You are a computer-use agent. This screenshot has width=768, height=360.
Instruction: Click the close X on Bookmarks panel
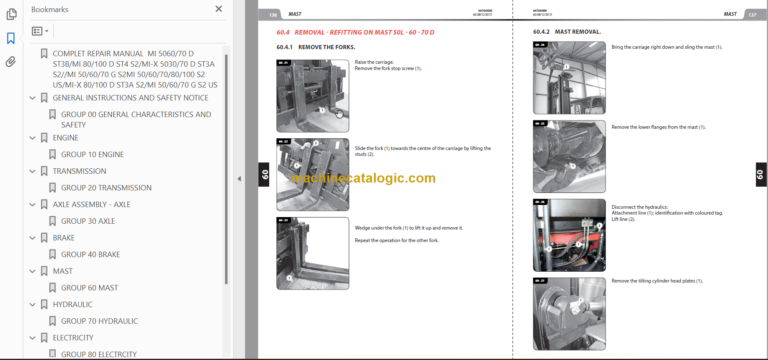pyautogui.click(x=218, y=9)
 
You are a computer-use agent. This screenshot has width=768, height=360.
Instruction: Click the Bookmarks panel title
pyautogui.click(x=50, y=9)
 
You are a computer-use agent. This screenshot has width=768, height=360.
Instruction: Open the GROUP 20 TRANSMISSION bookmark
pyautogui.click(x=106, y=188)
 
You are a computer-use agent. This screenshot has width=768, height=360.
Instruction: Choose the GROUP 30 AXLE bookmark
pyautogui.click(x=87, y=221)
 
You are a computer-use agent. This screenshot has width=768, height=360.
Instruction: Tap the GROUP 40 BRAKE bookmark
pyautogui.click(x=90, y=254)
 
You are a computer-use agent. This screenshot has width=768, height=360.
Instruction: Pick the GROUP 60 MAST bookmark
pyautogui.click(x=89, y=287)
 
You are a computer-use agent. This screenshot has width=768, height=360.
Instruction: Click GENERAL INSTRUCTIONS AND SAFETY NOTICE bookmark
pyautogui.click(x=130, y=98)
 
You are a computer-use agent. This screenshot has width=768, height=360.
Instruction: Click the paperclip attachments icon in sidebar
pyautogui.click(x=10, y=61)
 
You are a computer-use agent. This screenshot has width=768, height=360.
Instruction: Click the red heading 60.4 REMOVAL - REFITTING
pyautogui.click(x=350, y=32)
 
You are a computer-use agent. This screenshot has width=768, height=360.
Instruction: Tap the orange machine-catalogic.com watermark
pyautogui.click(x=363, y=178)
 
